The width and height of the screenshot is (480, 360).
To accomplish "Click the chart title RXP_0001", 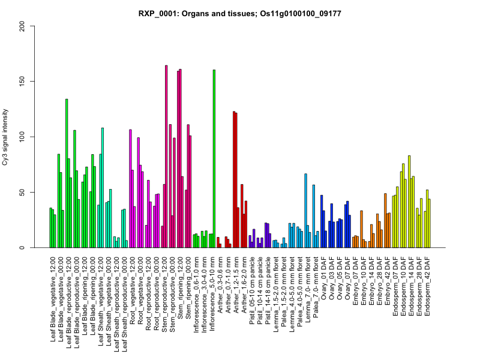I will point(240,13).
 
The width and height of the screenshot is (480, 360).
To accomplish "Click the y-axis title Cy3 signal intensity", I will point(22,137).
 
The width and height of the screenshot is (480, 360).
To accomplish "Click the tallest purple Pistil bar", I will point(266,235).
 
